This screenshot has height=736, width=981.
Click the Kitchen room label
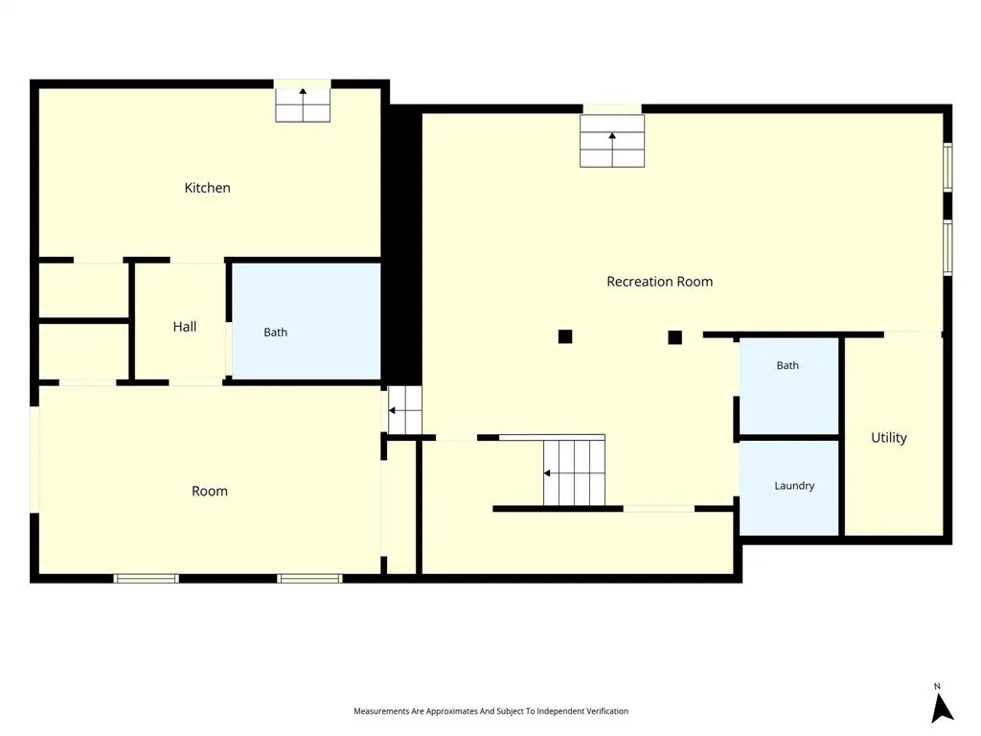(x=207, y=188)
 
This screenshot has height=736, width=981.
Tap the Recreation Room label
(x=659, y=282)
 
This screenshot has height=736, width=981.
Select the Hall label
(x=185, y=326)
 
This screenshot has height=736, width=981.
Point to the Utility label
(x=888, y=437)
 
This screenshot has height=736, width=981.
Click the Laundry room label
(x=794, y=486)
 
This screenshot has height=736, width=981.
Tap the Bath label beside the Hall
(x=275, y=333)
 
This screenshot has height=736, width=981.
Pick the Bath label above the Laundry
(x=787, y=365)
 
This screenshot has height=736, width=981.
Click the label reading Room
(x=210, y=492)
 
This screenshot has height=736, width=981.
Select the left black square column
(x=565, y=336)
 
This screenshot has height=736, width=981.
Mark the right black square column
(x=674, y=337)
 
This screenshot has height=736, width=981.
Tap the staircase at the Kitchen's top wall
(x=303, y=104)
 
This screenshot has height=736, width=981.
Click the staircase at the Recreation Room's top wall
(x=612, y=141)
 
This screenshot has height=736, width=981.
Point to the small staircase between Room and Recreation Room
(x=405, y=410)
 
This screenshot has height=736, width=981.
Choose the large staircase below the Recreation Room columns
(x=574, y=472)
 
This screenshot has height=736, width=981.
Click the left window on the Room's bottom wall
(x=146, y=579)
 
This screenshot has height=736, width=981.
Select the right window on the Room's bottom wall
(x=309, y=579)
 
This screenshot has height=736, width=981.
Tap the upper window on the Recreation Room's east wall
(x=947, y=167)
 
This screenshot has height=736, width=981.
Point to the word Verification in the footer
(x=607, y=711)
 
